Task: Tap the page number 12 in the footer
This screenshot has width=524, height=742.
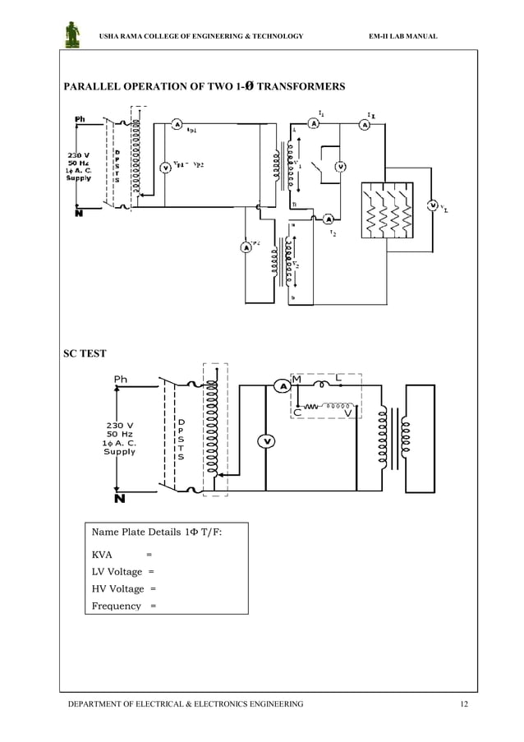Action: [x=464, y=704]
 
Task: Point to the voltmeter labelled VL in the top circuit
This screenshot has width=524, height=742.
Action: [x=433, y=205]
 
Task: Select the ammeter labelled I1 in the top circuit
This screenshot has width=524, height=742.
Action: [x=313, y=123]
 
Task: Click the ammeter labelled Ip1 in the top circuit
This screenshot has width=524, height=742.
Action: [x=177, y=124]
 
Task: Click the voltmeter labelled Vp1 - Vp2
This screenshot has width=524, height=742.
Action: [x=164, y=167]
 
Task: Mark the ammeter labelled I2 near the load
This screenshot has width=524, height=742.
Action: [x=328, y=219]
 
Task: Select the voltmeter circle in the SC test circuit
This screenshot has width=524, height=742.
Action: [x=267, y=442]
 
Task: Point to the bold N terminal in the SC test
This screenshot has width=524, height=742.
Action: [x=119, y=499]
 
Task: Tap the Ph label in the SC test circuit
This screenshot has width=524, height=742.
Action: [x=121, y=380]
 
